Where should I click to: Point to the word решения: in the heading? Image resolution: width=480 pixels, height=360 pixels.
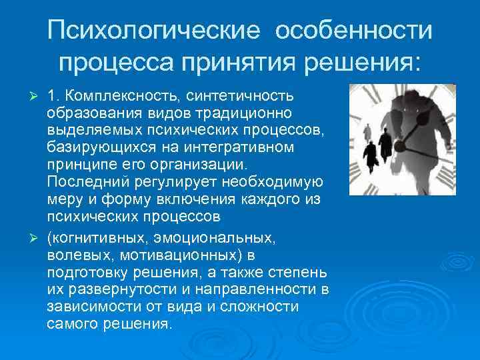(363, 63)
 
